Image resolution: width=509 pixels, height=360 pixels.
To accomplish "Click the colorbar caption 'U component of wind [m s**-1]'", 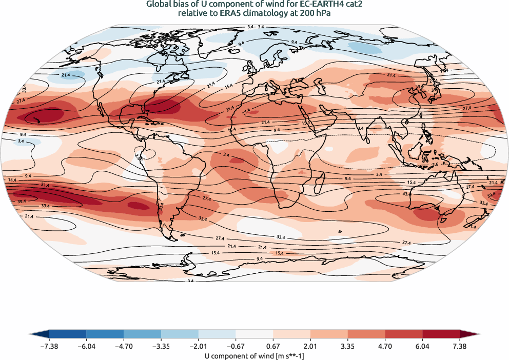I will click(254, 355).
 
